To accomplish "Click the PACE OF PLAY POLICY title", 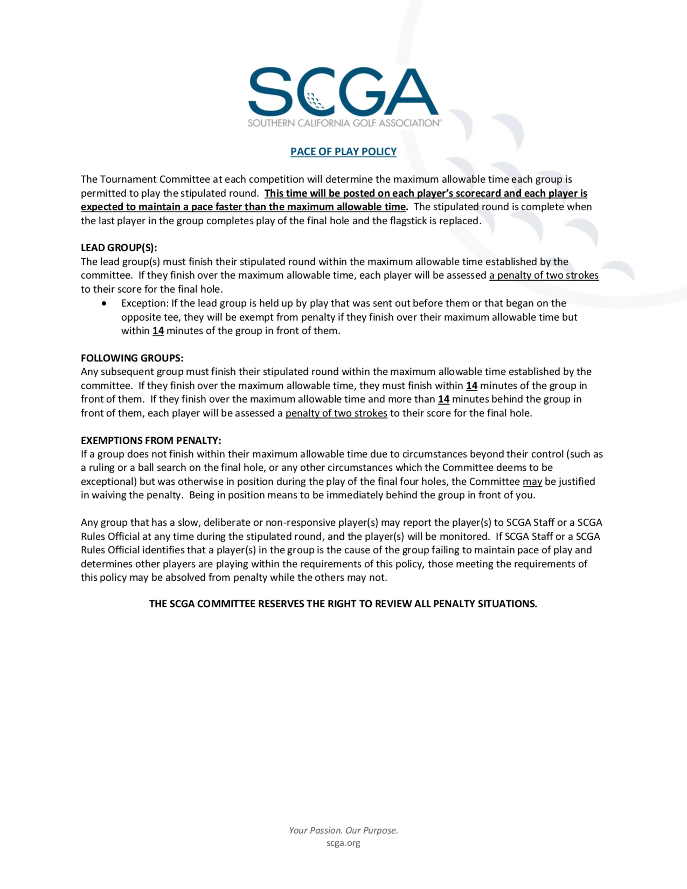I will click(x=343, y=151).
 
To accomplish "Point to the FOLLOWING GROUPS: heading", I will click(x=132, y=358).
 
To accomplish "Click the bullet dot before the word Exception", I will click(x=105, y=304).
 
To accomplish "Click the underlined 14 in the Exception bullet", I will click(x=158, y=331).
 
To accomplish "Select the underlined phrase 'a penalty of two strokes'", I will click(x=544, y=275).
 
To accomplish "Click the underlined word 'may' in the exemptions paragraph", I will click(x=532, y=482).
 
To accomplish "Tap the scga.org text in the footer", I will click(x=343, y=843).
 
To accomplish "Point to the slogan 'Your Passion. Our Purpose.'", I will click(x=343, y=830).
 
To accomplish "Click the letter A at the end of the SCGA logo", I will click(x=411, y=92).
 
